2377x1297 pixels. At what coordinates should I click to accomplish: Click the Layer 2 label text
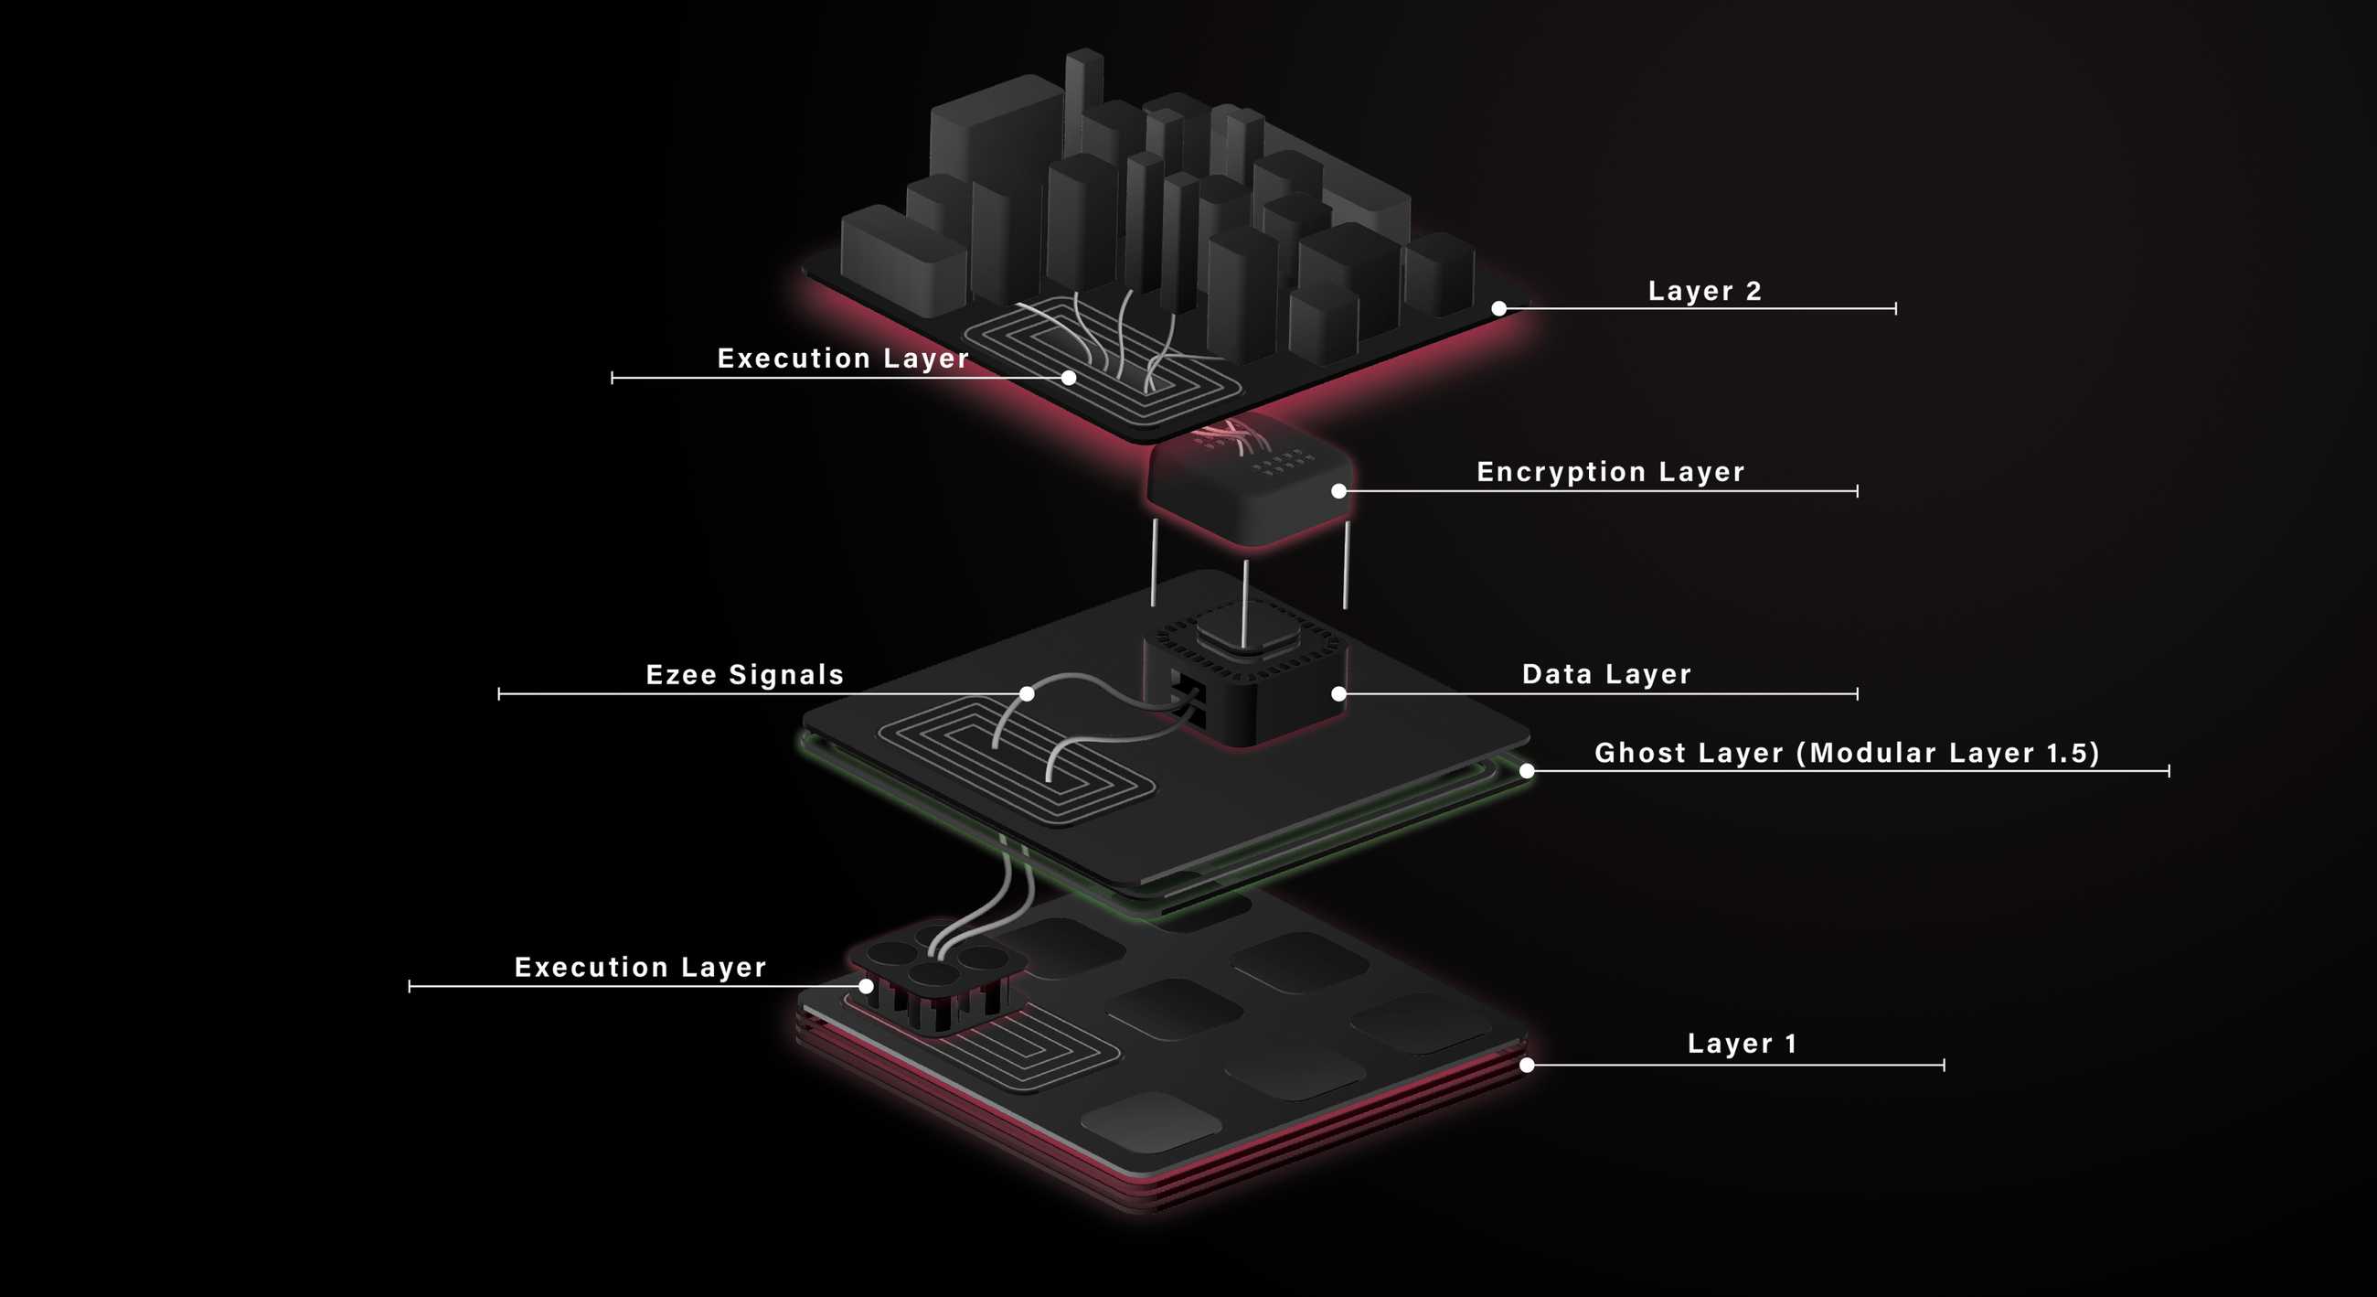tap(1704, 291)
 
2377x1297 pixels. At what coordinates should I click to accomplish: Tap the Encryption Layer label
tap(1610, 472)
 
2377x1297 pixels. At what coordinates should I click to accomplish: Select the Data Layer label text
tap(1606, 674)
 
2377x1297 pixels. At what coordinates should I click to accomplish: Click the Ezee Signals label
tap(745, 675)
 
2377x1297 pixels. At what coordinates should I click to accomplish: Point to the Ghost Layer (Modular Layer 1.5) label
tap(1847, 753)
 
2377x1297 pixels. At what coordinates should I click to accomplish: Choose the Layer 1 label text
tap(1743, 1043)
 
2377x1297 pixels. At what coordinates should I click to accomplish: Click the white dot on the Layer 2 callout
tap(1499, 308)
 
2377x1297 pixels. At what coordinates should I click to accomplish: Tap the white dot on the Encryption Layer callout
tap(1339, 491)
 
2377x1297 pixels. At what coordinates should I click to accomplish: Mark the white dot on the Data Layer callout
tap(1339, 693)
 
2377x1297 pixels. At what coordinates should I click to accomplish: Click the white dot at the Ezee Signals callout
tap(1027, 693)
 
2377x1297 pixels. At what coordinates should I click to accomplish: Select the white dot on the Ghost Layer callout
tap(1527, 771)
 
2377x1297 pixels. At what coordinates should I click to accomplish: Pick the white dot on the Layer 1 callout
tap(1527, 1065)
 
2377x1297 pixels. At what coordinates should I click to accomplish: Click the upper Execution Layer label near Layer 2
tap(843, 359)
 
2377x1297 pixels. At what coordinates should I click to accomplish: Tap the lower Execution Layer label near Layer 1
tap(640, 968)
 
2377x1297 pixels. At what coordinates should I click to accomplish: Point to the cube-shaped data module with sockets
tap(1246, 683)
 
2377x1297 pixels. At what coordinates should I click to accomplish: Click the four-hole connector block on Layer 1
tap(936, 979)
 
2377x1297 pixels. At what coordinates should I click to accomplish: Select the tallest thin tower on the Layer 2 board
tap(1083, 102)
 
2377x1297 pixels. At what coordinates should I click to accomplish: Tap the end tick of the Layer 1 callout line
tap(1944, 1065)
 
